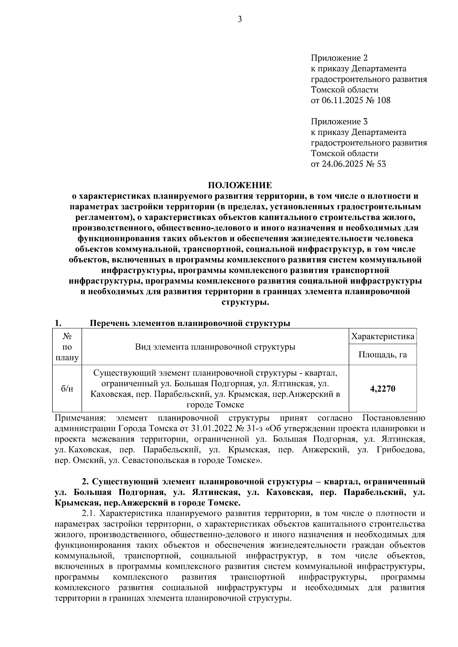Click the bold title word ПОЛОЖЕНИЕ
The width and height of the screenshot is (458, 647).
pyautogui.click(x=240, y=186)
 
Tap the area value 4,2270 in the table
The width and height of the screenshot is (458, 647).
pyautogui.click(x=382, y=389)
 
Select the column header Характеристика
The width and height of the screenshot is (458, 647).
pyautogui.click(x=382, y=337)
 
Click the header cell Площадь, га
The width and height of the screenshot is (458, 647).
pyautogui.click(x=382, y=355)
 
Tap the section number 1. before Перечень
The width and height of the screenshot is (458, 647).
pyautogui.click(x=58, y=323)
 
